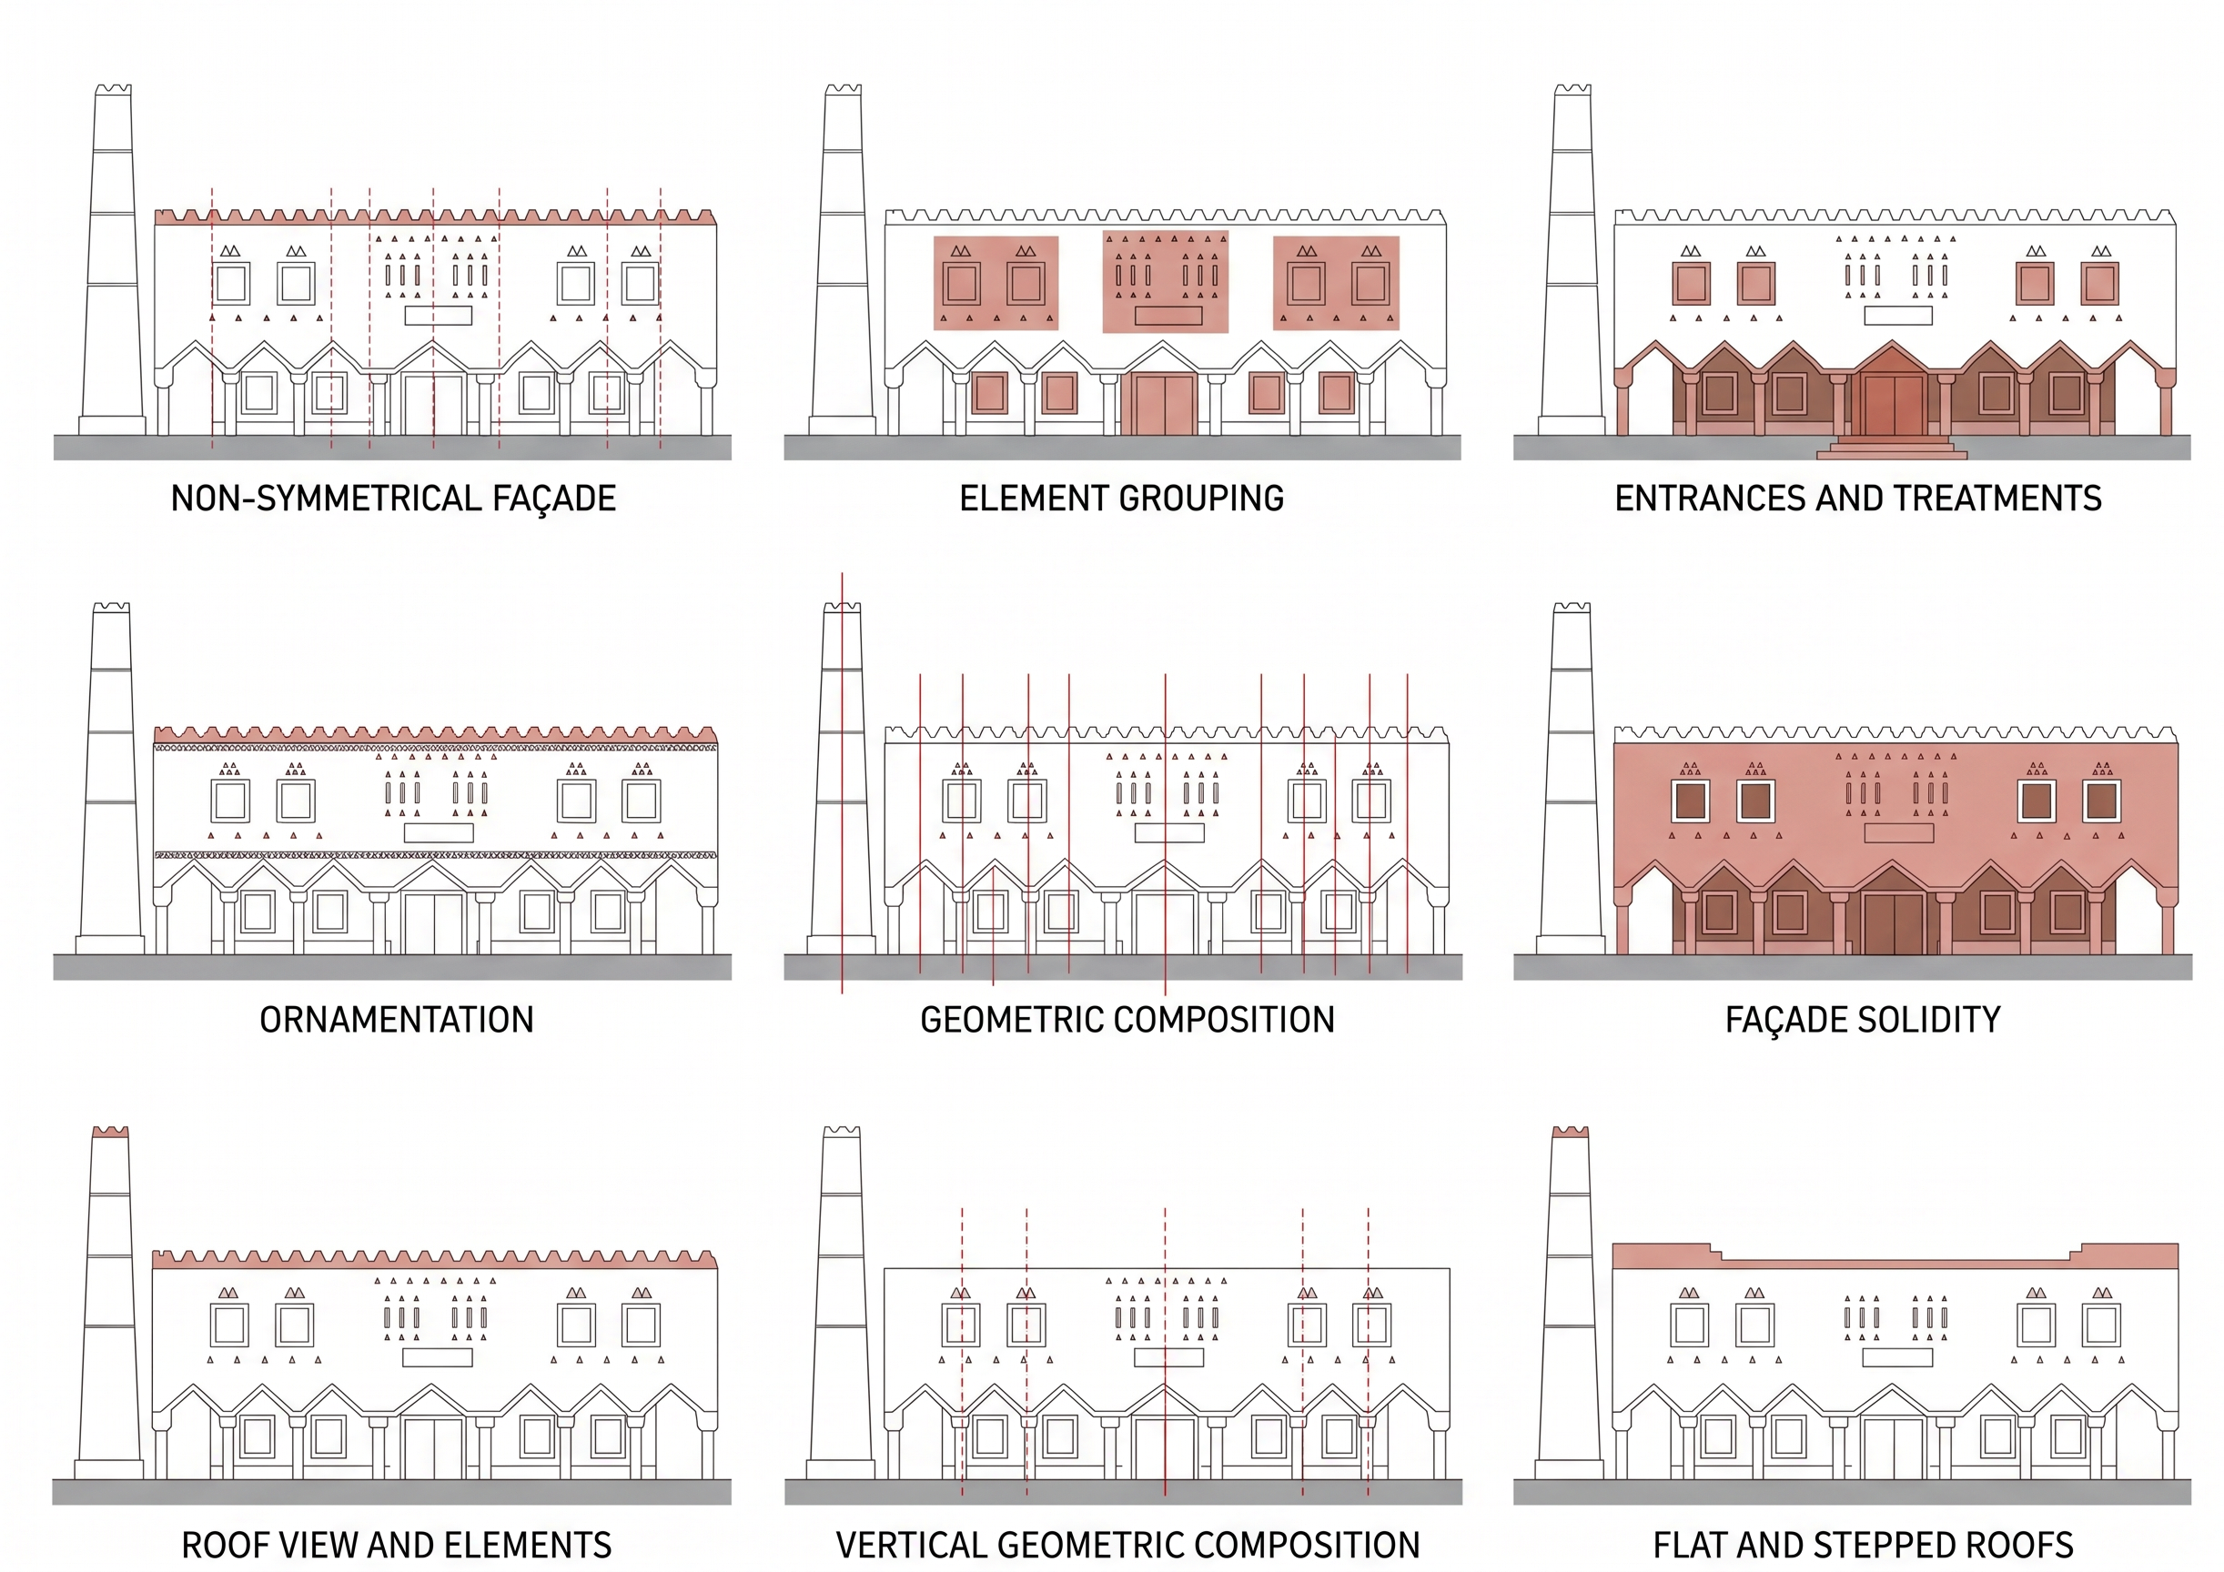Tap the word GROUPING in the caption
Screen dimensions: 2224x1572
click(1202, 498)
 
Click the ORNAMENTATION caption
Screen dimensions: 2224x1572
click(396, 1019)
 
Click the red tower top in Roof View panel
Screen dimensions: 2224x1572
click(110, 1132)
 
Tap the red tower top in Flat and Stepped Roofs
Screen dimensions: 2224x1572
click(1570, 1132)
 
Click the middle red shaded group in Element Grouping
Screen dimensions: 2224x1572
click(1166, 282)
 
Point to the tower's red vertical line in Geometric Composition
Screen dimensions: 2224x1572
click(842, 782)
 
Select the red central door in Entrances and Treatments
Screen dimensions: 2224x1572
click(1893, 405)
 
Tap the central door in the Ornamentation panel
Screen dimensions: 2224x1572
click(434, 924)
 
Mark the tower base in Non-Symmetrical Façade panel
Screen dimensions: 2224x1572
click(112, 425)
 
